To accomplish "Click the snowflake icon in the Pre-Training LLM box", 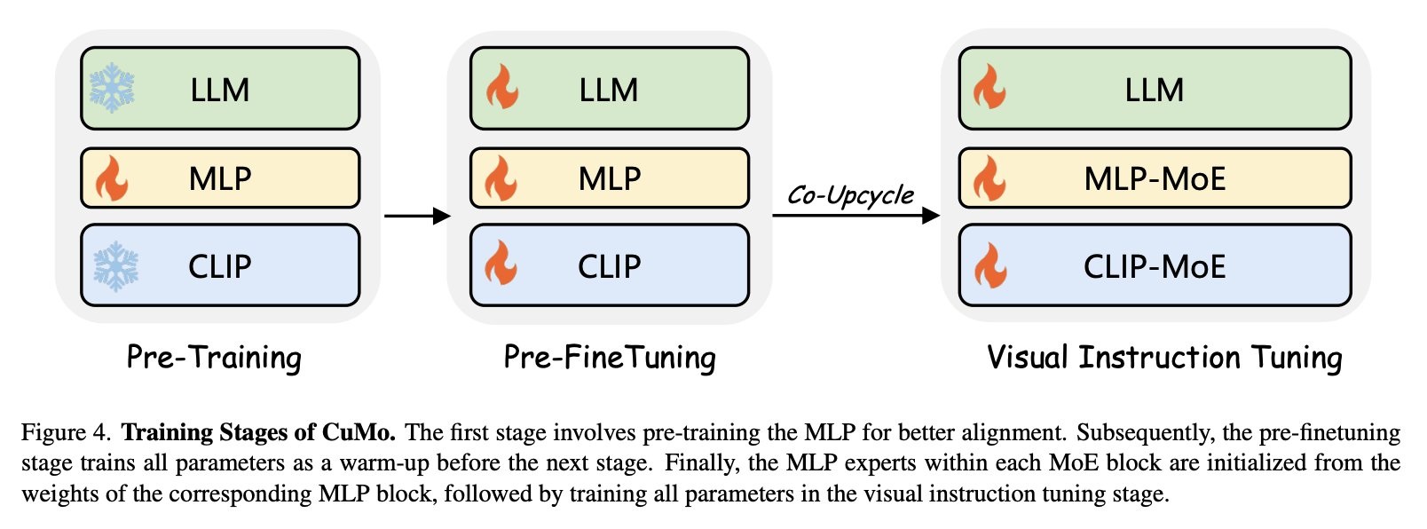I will [112, 88].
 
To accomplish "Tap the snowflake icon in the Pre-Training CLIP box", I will [116, 265].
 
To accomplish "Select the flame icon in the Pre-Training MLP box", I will [112, 178].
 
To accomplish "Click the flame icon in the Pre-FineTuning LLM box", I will [502, 87].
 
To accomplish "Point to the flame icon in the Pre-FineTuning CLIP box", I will [501, 264].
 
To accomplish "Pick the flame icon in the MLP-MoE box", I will [989, 178].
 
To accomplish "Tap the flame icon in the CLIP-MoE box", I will [989, 265].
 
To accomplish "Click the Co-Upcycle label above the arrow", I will [850, 195].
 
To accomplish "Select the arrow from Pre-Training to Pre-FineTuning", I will [417, 216].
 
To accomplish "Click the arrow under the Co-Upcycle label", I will [855, 216].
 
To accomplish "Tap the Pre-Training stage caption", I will [214, 357].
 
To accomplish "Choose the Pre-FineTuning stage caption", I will [610, 357].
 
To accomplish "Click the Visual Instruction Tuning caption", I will [1164, 357].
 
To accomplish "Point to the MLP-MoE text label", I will [1155, 178].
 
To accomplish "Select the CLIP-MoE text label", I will [1155, 266].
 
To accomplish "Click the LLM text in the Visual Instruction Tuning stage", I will [1154, 90].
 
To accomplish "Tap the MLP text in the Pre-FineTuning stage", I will [610, 178].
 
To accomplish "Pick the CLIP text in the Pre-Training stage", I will [220, 266].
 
